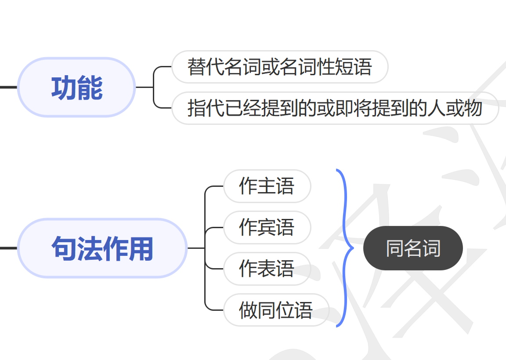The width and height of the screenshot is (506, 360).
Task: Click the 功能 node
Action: point(76,87)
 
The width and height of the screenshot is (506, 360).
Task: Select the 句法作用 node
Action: point(102,248)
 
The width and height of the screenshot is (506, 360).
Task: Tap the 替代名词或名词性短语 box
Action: point(280,67)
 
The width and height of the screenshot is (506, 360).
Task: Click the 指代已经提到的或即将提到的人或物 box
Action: point(335,108)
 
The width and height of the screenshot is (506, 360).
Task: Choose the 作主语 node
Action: point(267,186)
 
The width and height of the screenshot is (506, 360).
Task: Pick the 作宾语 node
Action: point(267,227)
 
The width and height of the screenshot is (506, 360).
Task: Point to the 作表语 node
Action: point(267,269)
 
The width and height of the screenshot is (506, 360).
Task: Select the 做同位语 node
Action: point(276,310)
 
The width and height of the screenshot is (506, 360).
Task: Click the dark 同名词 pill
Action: point(413,248)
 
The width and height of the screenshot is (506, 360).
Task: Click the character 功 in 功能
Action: point(64,87)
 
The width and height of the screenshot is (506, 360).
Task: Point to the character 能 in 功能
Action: point(90,87)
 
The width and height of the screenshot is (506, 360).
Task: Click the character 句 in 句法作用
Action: point(64,248)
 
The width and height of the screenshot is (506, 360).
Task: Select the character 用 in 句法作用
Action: point(141,248)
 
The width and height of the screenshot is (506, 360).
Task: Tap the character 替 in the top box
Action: point(196,67)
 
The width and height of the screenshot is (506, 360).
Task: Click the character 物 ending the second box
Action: point(473,108)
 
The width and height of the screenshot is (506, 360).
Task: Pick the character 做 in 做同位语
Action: point(248,310)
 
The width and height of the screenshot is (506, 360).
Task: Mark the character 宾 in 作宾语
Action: point(267,227)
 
